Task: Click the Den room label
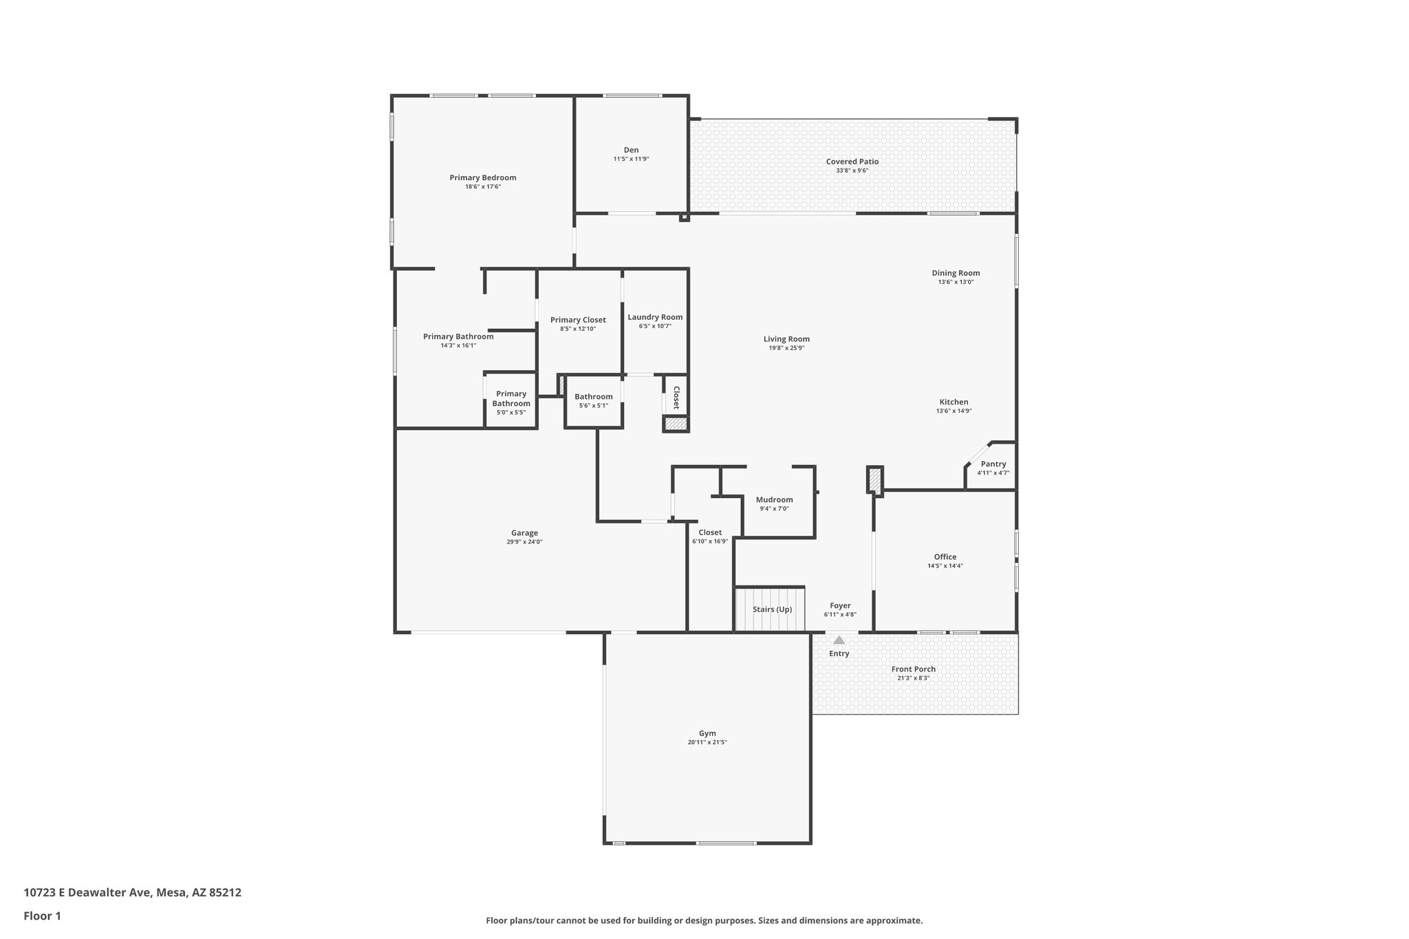tap(631, 150)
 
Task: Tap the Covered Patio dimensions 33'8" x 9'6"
tap(852, 171)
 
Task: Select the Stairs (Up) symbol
tap(771, 609)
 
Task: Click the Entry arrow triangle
tap(839, 640)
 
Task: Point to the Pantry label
tap(993, 464)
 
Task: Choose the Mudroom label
tap(774, 500)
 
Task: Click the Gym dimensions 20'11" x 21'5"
tap(707, 742)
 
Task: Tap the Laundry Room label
tap(655, 317)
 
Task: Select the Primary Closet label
tap(578, 320)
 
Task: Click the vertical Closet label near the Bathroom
tap(676, 398)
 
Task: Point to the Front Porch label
tap(913, 669)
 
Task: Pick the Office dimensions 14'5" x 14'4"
tap(945, 566)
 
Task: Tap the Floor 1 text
tap(42, 916)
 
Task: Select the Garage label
tap(524, 533)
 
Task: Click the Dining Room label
tap(956, 273)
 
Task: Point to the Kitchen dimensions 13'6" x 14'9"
tap(954, 411)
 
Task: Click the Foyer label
tap(839, 606)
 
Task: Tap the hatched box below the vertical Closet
tap(676, 424)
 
